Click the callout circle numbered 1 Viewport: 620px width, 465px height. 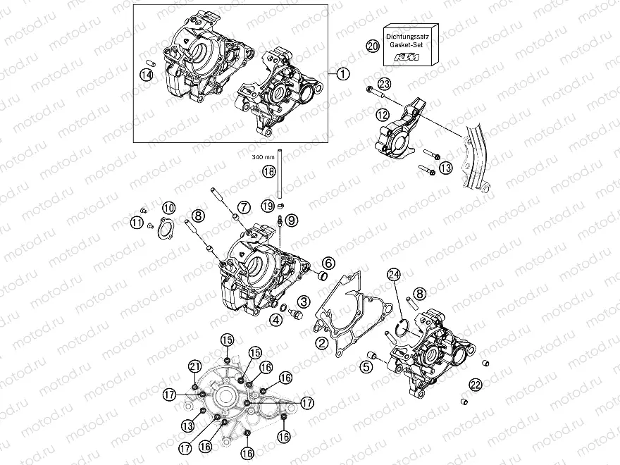pyautogui.click(x=342, y=73)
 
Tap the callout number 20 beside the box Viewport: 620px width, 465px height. pyautogui.click(x=373, y=46)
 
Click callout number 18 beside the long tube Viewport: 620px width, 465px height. pyautogui.click(x=268, y=171)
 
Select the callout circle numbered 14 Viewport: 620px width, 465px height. pyautogui.click(x=147, y=75)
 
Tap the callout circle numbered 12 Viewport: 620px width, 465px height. pyautogui.click(x=383, y=113)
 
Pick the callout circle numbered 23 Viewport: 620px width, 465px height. pyautogui.click(x=383, y=83)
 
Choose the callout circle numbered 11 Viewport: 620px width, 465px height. pyautogui.click(x=137, y=223)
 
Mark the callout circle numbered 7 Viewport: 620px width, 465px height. pyautogui.click(x=243, y=207)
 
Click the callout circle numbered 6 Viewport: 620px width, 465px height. pyautogui.click(x=328, y=263)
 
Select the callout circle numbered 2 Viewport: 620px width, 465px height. pyautogui.click(x=321, y=343)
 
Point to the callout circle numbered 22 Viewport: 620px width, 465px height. pyautogui.click(x=477, y=384)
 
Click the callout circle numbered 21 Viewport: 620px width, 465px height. pyautogui.click(x=194, y=365)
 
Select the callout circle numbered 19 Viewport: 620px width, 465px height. pyautogui.click(x=267, y=206)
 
